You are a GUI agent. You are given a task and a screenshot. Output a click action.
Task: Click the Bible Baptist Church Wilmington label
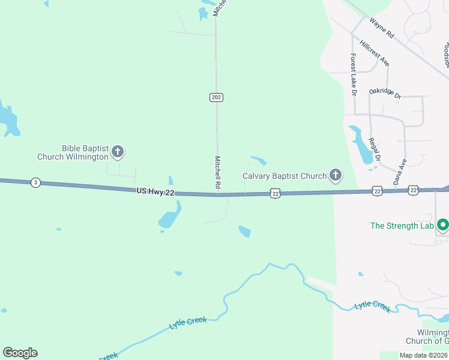point(73,152)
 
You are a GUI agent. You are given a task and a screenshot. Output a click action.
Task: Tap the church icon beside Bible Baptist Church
point(118,152)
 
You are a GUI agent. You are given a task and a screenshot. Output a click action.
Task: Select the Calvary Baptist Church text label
point(284,176)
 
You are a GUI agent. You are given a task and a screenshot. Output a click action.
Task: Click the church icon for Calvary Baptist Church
point(336,176)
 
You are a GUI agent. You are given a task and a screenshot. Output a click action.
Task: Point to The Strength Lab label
point(402,226)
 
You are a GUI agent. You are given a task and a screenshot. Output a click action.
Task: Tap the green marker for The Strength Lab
point(443,226)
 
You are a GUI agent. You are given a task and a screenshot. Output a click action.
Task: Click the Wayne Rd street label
point(381,28)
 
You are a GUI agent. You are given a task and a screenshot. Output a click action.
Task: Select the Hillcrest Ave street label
point(375,53)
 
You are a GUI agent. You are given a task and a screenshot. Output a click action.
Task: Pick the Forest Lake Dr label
point(354,75)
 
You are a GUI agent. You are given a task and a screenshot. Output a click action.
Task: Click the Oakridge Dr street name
point(385,93)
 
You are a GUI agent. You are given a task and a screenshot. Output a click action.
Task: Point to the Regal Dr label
point(375,149)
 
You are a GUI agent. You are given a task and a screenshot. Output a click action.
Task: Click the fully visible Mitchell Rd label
point(218,174)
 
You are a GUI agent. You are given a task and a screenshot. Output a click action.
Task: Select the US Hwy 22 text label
point(155,191)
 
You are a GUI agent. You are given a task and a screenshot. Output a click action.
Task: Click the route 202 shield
point(217,97)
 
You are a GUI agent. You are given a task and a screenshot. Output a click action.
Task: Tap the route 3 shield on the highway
point(36,182)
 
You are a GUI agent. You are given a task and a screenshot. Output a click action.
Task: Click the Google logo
point(20,352)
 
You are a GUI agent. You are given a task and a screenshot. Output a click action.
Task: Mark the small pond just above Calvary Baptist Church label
point(259,160)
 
